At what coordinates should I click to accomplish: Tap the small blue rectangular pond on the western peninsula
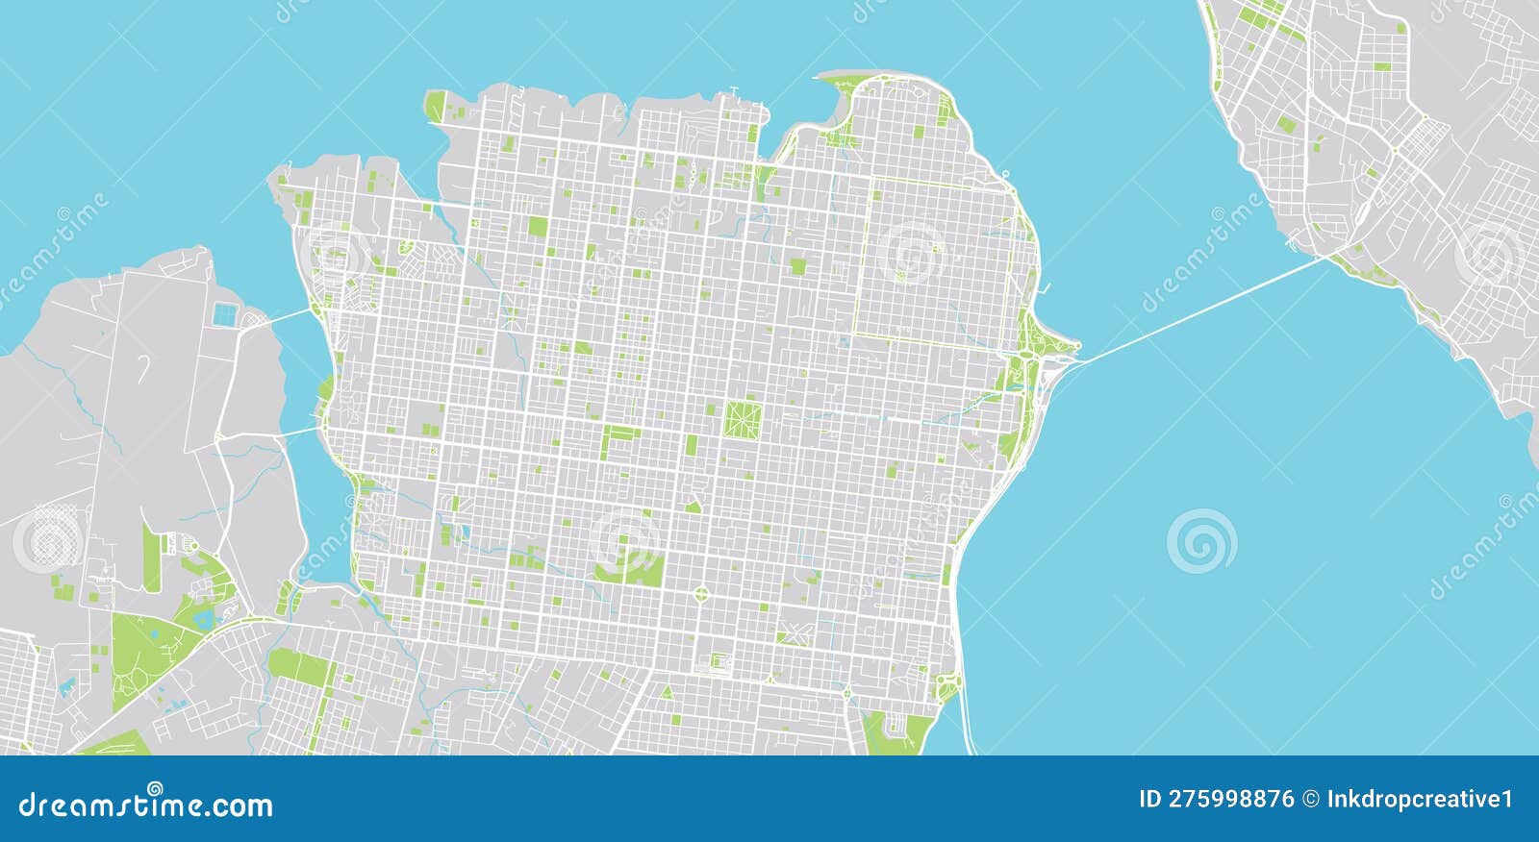coord(224,313)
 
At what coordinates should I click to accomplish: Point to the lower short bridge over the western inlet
coord(297,432)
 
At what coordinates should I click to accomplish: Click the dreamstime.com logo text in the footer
coord(146,805)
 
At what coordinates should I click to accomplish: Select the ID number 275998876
coord(1230,799)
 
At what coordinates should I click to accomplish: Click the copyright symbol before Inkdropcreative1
coord(1310,799)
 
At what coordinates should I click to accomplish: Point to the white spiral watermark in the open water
coord(1201,541)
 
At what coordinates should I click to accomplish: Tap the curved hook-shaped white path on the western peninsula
coord(143,366)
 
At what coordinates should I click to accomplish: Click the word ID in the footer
coord(1149,799)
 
